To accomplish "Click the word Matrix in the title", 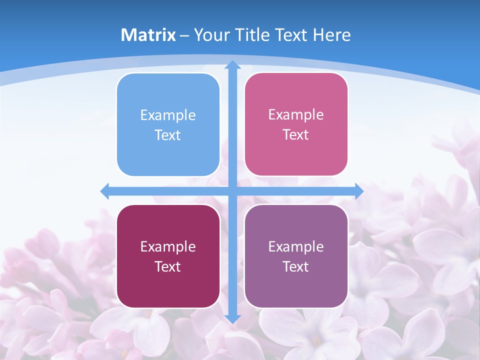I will (148, 35).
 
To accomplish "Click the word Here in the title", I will (331, 35).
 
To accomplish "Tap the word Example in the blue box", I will (168, 115).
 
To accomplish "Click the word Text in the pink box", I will (296, 135).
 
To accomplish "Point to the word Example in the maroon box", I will (168, 246).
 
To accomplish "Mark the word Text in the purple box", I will (296, 266).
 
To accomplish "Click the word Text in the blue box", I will (168, 135).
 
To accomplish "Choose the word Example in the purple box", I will (296, 246).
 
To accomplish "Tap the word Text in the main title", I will (291, 35).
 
